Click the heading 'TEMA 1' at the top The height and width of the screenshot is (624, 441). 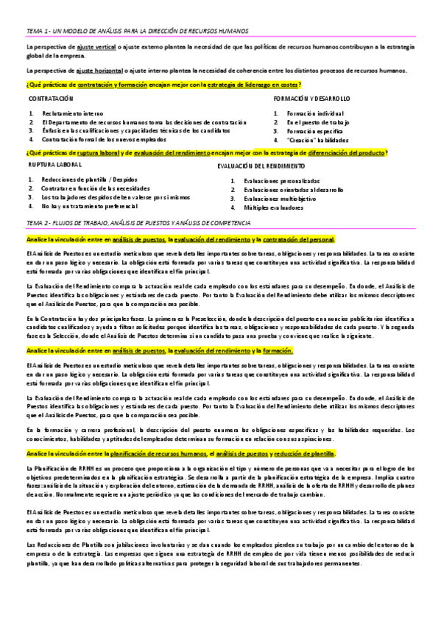[136, 31]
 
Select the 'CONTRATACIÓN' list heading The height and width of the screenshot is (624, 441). [51, 98]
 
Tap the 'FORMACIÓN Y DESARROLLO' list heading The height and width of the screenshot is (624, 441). [311, 98]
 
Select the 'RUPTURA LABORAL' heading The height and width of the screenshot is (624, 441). [55, 166]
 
